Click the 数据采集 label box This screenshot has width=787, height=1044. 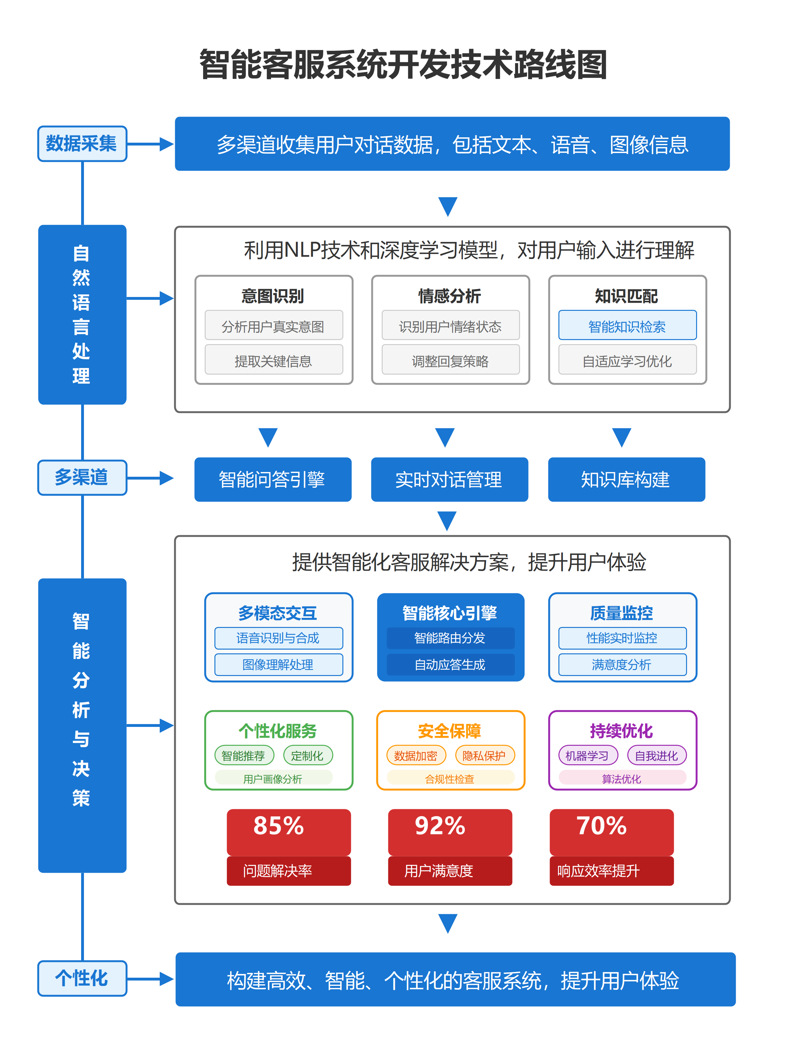point(82,144)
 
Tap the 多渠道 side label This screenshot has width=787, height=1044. point(82,477)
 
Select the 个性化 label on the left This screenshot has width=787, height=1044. point(82,978)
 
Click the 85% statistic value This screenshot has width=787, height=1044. point(279,826)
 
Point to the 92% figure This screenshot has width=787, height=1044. point(440,826)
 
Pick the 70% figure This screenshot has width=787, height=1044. point(601,826)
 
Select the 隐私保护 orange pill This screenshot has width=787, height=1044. point(485,756)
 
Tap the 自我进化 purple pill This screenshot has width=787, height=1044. point(656,756)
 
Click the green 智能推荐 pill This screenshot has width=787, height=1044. point(244,756)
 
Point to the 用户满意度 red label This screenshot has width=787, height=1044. point(439,871)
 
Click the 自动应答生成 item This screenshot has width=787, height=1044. point(450,665)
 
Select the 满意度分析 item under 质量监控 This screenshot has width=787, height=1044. point(622,665)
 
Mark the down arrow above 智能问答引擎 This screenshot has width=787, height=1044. point(268,437)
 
